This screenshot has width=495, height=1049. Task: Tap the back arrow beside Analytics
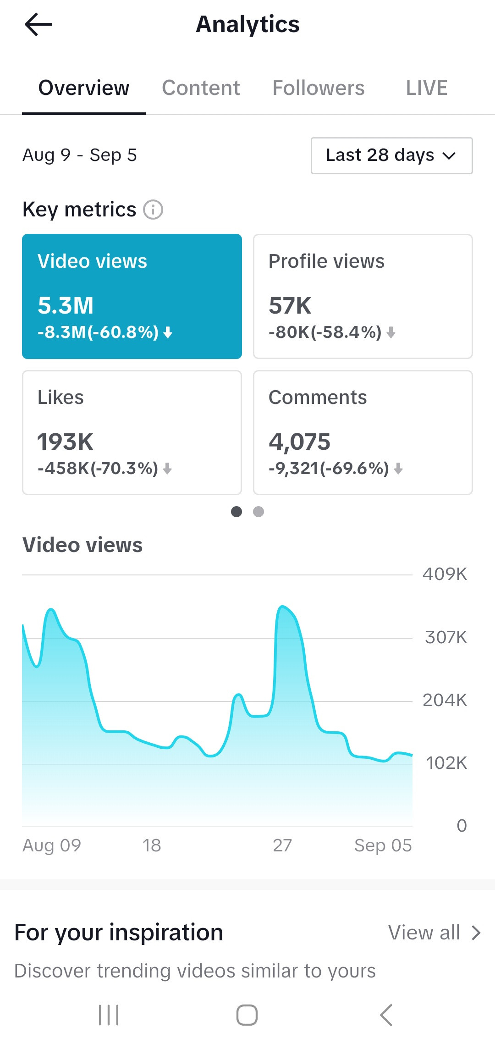pyautogui.click(x=38, y=24)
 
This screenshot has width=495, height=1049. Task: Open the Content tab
pyautogui.click(x=201, y=88)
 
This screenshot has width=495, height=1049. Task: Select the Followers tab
pyautogui.click(x=319, y=88)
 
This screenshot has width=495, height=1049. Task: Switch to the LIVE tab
pyautogui.click(x=427, y=88)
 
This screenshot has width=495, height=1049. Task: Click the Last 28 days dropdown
pyautogui.click(x=392, y=155)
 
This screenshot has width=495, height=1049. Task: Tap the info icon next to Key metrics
pyautogui.click(x=153, y=210)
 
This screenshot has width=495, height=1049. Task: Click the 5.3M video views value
pyautogui.click(x=66, y=305)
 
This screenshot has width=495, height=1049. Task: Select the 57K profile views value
pyautogui.click(x=290, y=305)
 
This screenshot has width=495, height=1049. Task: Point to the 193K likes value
pyautogui.click(x=65, y=442)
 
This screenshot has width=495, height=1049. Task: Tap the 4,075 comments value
pyautogui.click(x=299, y=442)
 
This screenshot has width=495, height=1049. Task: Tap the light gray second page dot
pyautogui.click(x=258, y=512)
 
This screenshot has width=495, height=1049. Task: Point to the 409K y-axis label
pyautogui.click(x=445, y=574)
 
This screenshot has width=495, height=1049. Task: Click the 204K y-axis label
pyautogui.click(x=445, y=700)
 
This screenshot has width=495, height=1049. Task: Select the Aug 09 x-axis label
pyautogui.click(x=52, y=845)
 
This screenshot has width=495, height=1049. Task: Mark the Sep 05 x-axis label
pyautogui.click(x=383, y=845)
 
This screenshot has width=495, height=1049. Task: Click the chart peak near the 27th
pyautogui.click(x=282, y=607)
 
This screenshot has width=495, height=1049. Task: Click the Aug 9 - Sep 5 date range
pyautogui.click(x=80, y=155)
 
